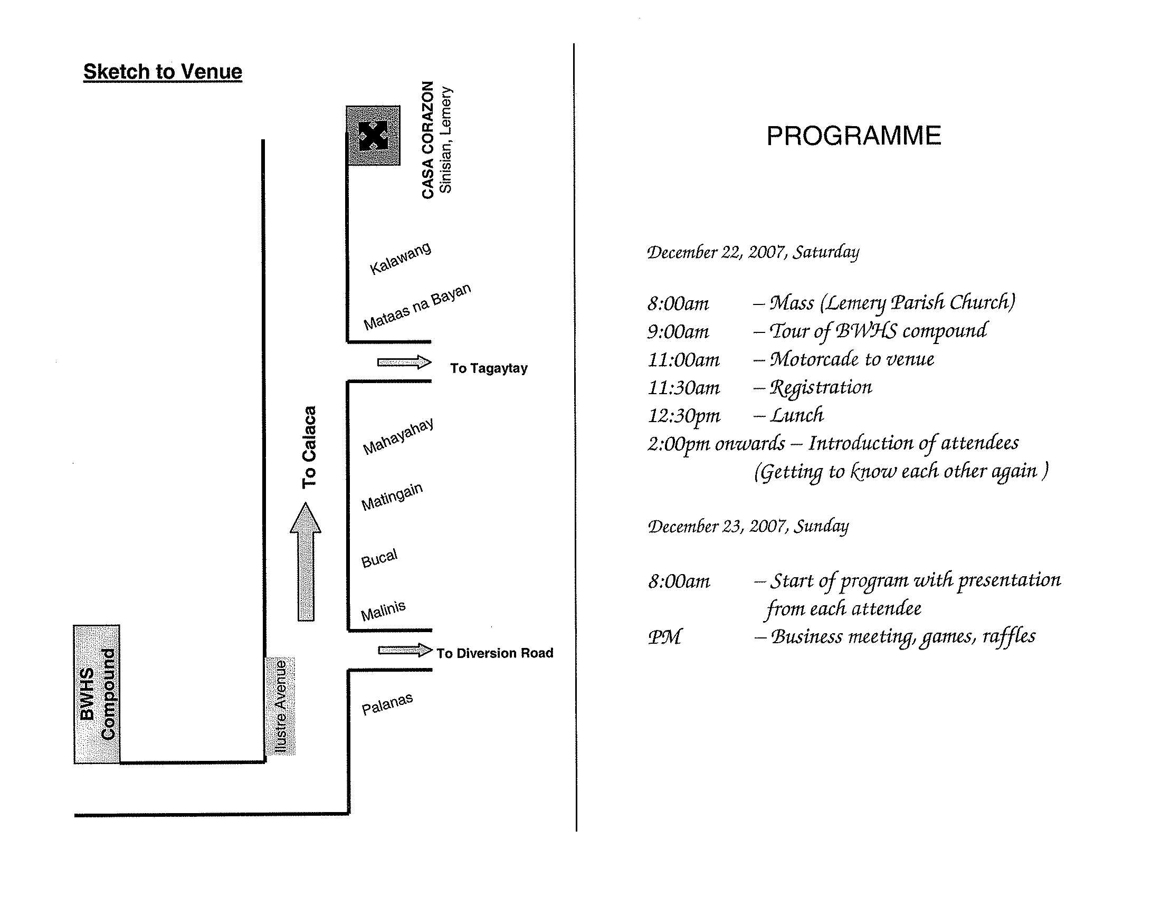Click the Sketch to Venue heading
point(163,72)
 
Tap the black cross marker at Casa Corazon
point(373,136)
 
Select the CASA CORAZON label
point(428,140)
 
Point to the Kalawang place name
point(401,258)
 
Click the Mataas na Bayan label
point(417,307)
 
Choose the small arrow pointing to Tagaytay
point(404,362)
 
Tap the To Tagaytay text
point(489,368)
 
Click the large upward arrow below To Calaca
point(306,561)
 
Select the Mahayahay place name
point(398,437)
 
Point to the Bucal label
point(379,558)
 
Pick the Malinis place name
point(383,611)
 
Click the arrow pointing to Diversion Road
point(405,650)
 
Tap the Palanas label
point(387,704)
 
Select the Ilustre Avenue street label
point(280,705)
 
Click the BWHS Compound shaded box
point(97,694)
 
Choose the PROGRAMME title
point(853,136)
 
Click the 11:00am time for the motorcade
point(683,360)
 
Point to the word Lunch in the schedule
point(797,415)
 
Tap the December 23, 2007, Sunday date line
point(748,526)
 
